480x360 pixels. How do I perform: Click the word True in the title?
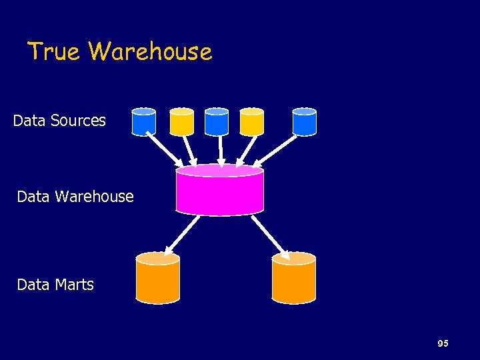(x=55, y=51)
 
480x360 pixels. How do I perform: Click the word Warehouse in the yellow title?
(x=150, y=51)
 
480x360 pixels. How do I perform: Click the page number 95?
(x=443, y=343)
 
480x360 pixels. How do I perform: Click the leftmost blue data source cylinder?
(x=144, y=122)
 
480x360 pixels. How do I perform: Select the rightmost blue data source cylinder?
(x=305, y=122)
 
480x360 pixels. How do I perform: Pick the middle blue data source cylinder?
(x=217, y=122)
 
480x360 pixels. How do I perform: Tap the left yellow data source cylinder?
(x=181, y=122)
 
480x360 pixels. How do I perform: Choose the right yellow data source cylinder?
(x=252, y=122)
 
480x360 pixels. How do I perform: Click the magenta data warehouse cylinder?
(x=220, y=190)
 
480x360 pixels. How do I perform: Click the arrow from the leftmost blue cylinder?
(x=164, y=150)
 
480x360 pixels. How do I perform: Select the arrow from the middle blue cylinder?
(x=220, y=150)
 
